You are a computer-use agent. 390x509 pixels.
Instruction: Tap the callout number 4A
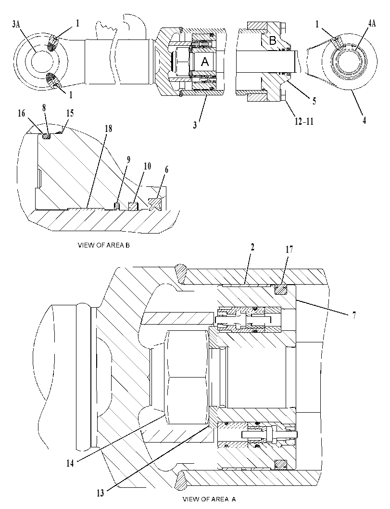tap(372, 24)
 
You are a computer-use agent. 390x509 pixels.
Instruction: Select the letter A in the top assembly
tap(205, 62)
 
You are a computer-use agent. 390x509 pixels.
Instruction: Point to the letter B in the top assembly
tap(273, 41)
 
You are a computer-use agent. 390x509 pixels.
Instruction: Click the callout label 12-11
tap(304, 121)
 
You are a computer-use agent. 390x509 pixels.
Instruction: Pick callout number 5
tap(315, 101)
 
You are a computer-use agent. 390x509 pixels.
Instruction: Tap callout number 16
tap(21, 113)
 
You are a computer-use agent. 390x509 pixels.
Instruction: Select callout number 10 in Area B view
tap(147, 166)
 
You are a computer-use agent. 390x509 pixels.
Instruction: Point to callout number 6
tap(167, 170)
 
